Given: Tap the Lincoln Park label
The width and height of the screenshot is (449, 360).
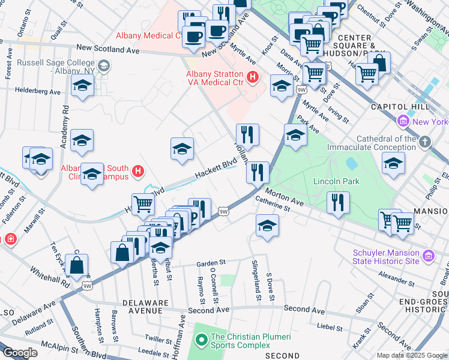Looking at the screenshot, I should point(336,181).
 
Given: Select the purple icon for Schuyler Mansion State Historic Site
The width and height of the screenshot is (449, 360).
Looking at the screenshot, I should point(428,256).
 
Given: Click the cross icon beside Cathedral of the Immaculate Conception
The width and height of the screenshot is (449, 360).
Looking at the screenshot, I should point(425,142).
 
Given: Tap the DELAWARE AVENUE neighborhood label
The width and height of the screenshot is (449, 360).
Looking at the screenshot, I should point(143,306).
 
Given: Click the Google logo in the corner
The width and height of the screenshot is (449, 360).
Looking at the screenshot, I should point(20,353).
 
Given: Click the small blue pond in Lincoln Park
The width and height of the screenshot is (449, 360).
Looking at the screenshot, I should point(352,163).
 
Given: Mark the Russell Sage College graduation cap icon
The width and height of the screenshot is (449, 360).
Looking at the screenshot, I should point(104,65).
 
